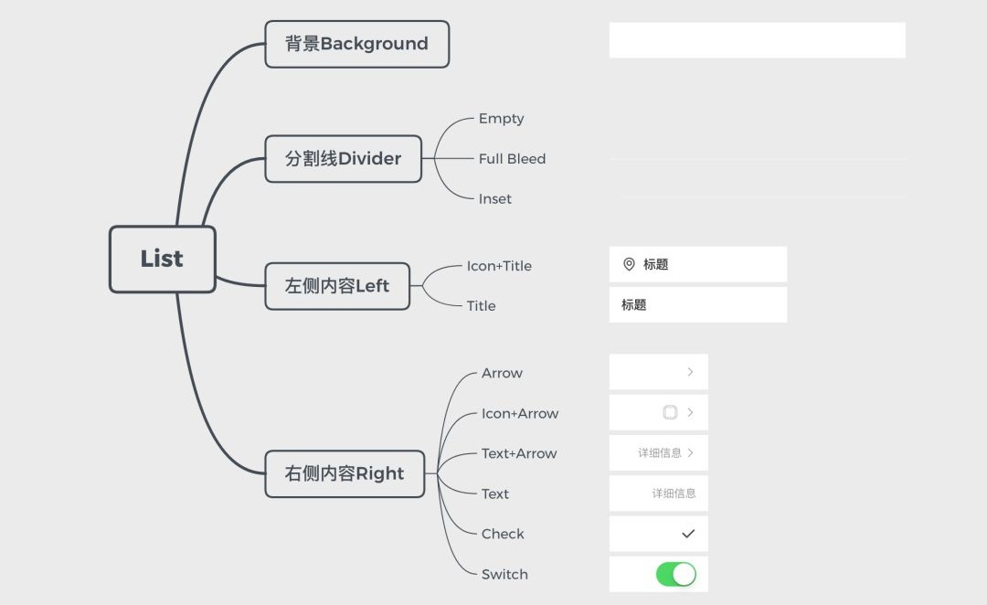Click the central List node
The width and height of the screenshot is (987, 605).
pyautogui.click(x=162, y=259)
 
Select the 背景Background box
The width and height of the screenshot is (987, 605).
pyautogui.click(x=356, y=44)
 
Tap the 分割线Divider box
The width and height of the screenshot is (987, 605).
pyautogui.click(x=343, y=159)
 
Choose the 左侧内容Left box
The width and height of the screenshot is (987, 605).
pyautogui.click(x=336, y=286)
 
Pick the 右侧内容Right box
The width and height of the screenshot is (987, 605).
pyautogui.click(x=344, y=473)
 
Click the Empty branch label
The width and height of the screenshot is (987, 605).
pyautogui.click(x=501, y=119)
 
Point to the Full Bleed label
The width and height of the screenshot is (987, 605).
pyautogui.click(x=512, y=159)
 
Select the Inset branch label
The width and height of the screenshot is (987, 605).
pyautogui.click(x=494, y=199)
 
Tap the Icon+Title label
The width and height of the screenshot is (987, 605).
pyautogui.click(x=499, y=266)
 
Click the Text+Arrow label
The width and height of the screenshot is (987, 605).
pyautogui.click(x=519, y=453)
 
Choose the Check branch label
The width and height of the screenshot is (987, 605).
pyautogui.click(x=503, y=534)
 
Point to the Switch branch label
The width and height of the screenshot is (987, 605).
pyautogui.click(x=504, y=574)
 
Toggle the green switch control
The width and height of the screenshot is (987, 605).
pyautogui.click(x=676, y=574)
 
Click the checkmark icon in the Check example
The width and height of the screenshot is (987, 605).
pyautogui.click(x=688, y=534)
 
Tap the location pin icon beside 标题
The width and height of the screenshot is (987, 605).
pyautogui.click(x=629, y=264)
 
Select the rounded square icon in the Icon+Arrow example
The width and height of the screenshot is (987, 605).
pyautogui.click(x=670, y=412)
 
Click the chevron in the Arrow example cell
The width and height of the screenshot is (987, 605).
pyautogui.click(x=690, y=372)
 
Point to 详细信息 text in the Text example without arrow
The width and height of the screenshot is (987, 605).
pyautogui.click(x=674, y=494)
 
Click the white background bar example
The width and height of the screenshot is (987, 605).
pyautogui.click(x=757, y=40)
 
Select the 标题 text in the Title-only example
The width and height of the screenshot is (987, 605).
pyautogui.click(x=633, y=305)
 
